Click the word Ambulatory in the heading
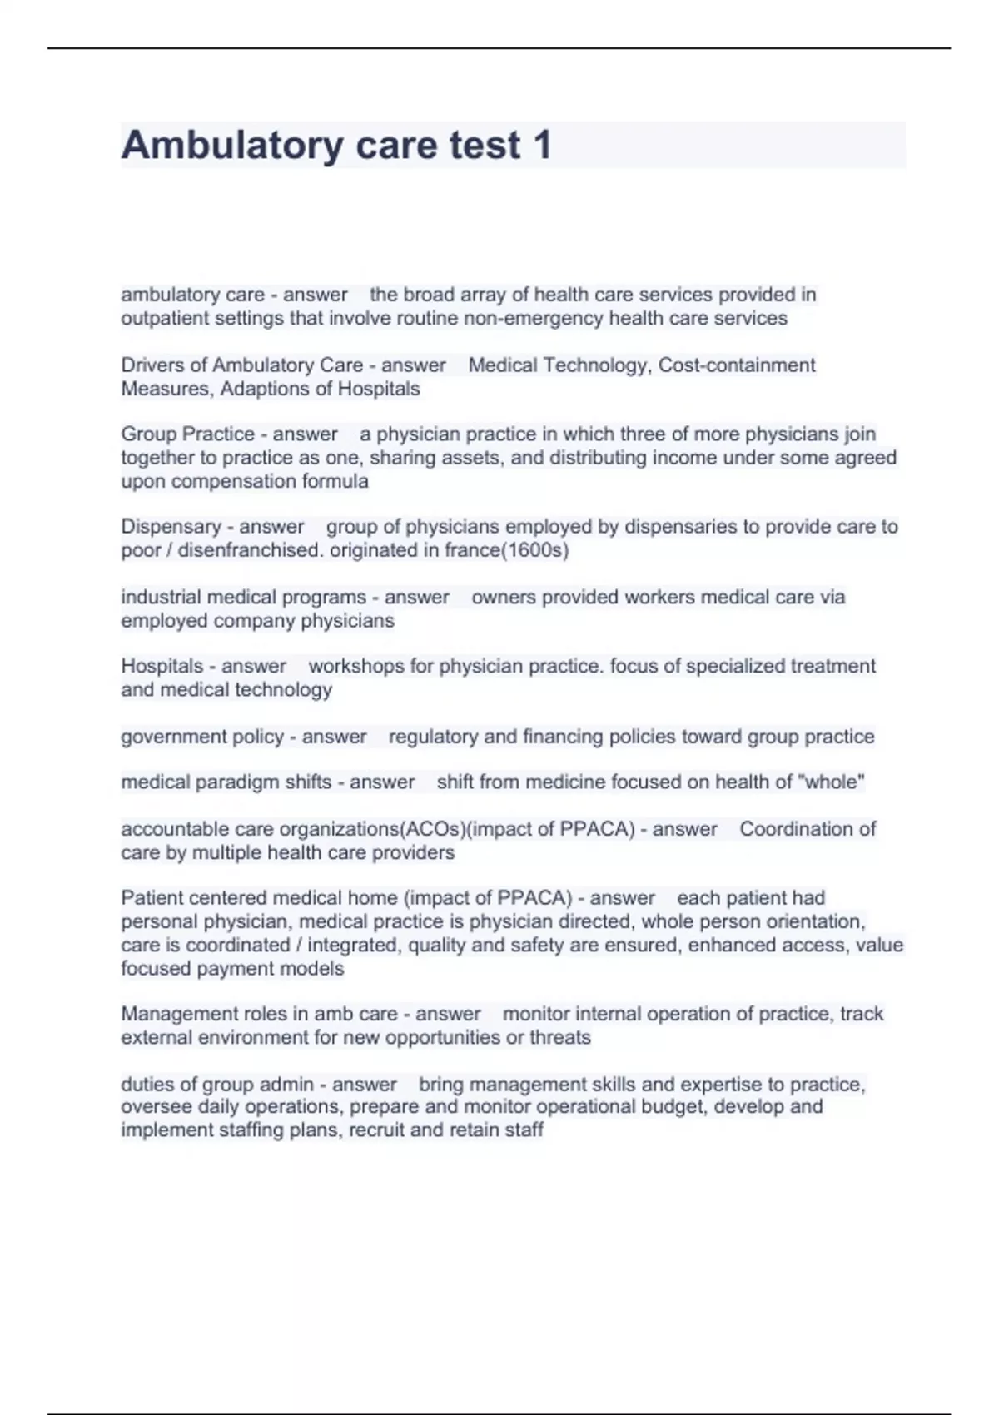231,146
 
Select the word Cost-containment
737,365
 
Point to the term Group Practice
187,434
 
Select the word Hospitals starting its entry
162,666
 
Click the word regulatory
433,737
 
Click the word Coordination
808,829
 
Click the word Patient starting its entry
147,898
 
